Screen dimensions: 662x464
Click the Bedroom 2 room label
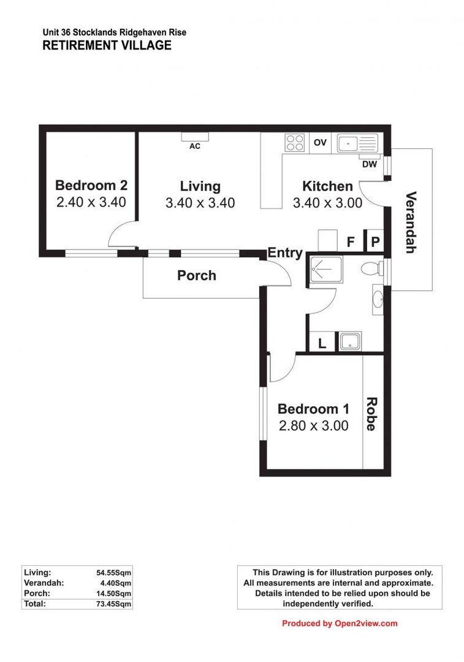point(91,185)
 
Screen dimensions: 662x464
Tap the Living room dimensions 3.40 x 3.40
point(200,203)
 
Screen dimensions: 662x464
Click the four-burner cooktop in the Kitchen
point(295,143)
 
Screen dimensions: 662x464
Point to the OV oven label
point(320,143)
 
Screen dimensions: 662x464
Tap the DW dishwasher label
point(368,164)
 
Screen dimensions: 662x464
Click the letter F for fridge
point(351,242)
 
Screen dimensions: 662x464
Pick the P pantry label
point(375,242)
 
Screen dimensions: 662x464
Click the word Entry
point(285,253)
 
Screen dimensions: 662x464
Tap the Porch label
point(196,275)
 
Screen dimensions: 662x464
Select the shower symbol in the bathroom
point(321,268)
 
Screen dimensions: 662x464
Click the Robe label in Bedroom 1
point(371,414)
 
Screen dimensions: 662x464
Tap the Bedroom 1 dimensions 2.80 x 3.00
point(313,425)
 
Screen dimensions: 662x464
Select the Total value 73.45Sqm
point(113,604)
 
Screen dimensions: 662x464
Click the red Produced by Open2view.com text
point(340,623)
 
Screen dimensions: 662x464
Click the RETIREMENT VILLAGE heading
point(107,45)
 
